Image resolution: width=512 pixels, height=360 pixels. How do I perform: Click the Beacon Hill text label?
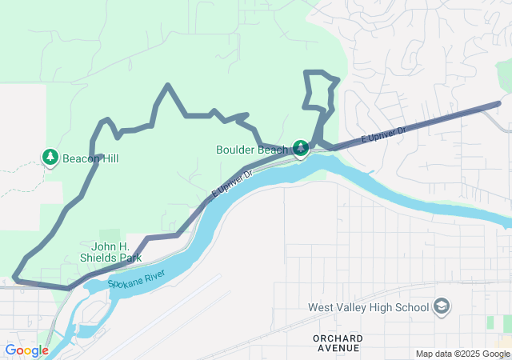tap(91, 159)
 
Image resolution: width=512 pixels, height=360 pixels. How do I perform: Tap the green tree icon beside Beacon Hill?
tap(50, 156)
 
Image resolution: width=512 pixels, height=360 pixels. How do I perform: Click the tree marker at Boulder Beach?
tap(301, 148)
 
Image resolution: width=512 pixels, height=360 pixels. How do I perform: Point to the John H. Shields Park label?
tap(110, 252)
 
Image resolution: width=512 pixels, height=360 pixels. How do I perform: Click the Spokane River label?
tap(137, 280)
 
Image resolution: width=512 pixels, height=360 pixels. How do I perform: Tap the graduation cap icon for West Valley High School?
tap(442, 306)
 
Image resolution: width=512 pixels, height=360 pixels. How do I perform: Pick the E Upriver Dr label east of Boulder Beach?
tap(383, 134)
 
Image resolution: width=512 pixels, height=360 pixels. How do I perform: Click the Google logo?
tap(26, 350)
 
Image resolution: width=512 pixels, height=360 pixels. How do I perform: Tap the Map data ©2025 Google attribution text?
tap(462, 354)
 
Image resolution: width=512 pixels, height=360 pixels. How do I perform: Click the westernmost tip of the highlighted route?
tap(15, 278)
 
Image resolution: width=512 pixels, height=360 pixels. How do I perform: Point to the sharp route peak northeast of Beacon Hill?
tap(167, 86)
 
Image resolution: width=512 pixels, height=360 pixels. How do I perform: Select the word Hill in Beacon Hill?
tap(110, 159)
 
